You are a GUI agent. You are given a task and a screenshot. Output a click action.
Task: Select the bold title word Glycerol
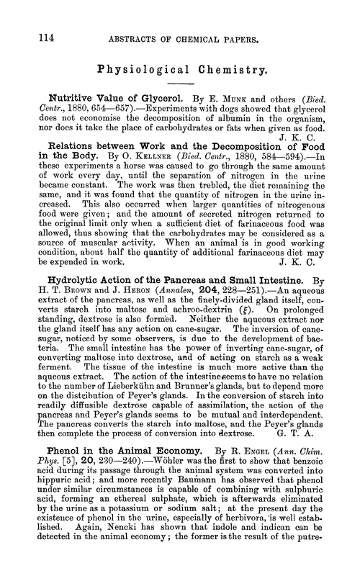click(x=145, y=96)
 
